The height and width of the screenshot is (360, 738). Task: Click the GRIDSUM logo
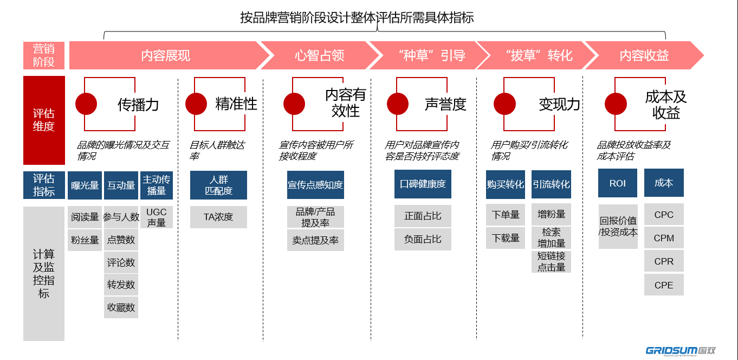click(681, 350)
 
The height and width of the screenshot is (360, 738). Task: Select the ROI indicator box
click(618, 183)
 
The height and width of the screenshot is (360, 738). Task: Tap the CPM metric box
click(664, 238)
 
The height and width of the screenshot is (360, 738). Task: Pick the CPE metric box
click(664, 285)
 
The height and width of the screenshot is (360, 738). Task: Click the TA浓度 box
click(218, 217)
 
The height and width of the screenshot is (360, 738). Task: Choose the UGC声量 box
click(157, 217)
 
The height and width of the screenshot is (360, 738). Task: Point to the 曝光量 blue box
click(85, 185)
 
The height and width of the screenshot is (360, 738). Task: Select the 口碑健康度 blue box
click(423, 184)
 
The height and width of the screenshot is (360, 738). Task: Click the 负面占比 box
click(423, 239)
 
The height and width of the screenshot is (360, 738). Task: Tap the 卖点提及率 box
click(315, 240)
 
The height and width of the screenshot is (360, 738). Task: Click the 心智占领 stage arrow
click(320, 55)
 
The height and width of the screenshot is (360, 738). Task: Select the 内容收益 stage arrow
click(644, 55)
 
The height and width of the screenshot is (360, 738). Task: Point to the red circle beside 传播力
click(86, 104)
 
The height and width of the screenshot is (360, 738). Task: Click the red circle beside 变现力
click(505, 104)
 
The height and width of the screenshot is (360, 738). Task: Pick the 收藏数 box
click(121, 307)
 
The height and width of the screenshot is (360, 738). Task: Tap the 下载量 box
click(506, 238)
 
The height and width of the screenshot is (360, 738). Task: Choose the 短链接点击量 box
click(551, 261)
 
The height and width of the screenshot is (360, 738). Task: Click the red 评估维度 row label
click(44, 120)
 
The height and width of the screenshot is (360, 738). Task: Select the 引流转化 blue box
click(551, 185)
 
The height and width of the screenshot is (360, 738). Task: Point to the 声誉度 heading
click(445, 104)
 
